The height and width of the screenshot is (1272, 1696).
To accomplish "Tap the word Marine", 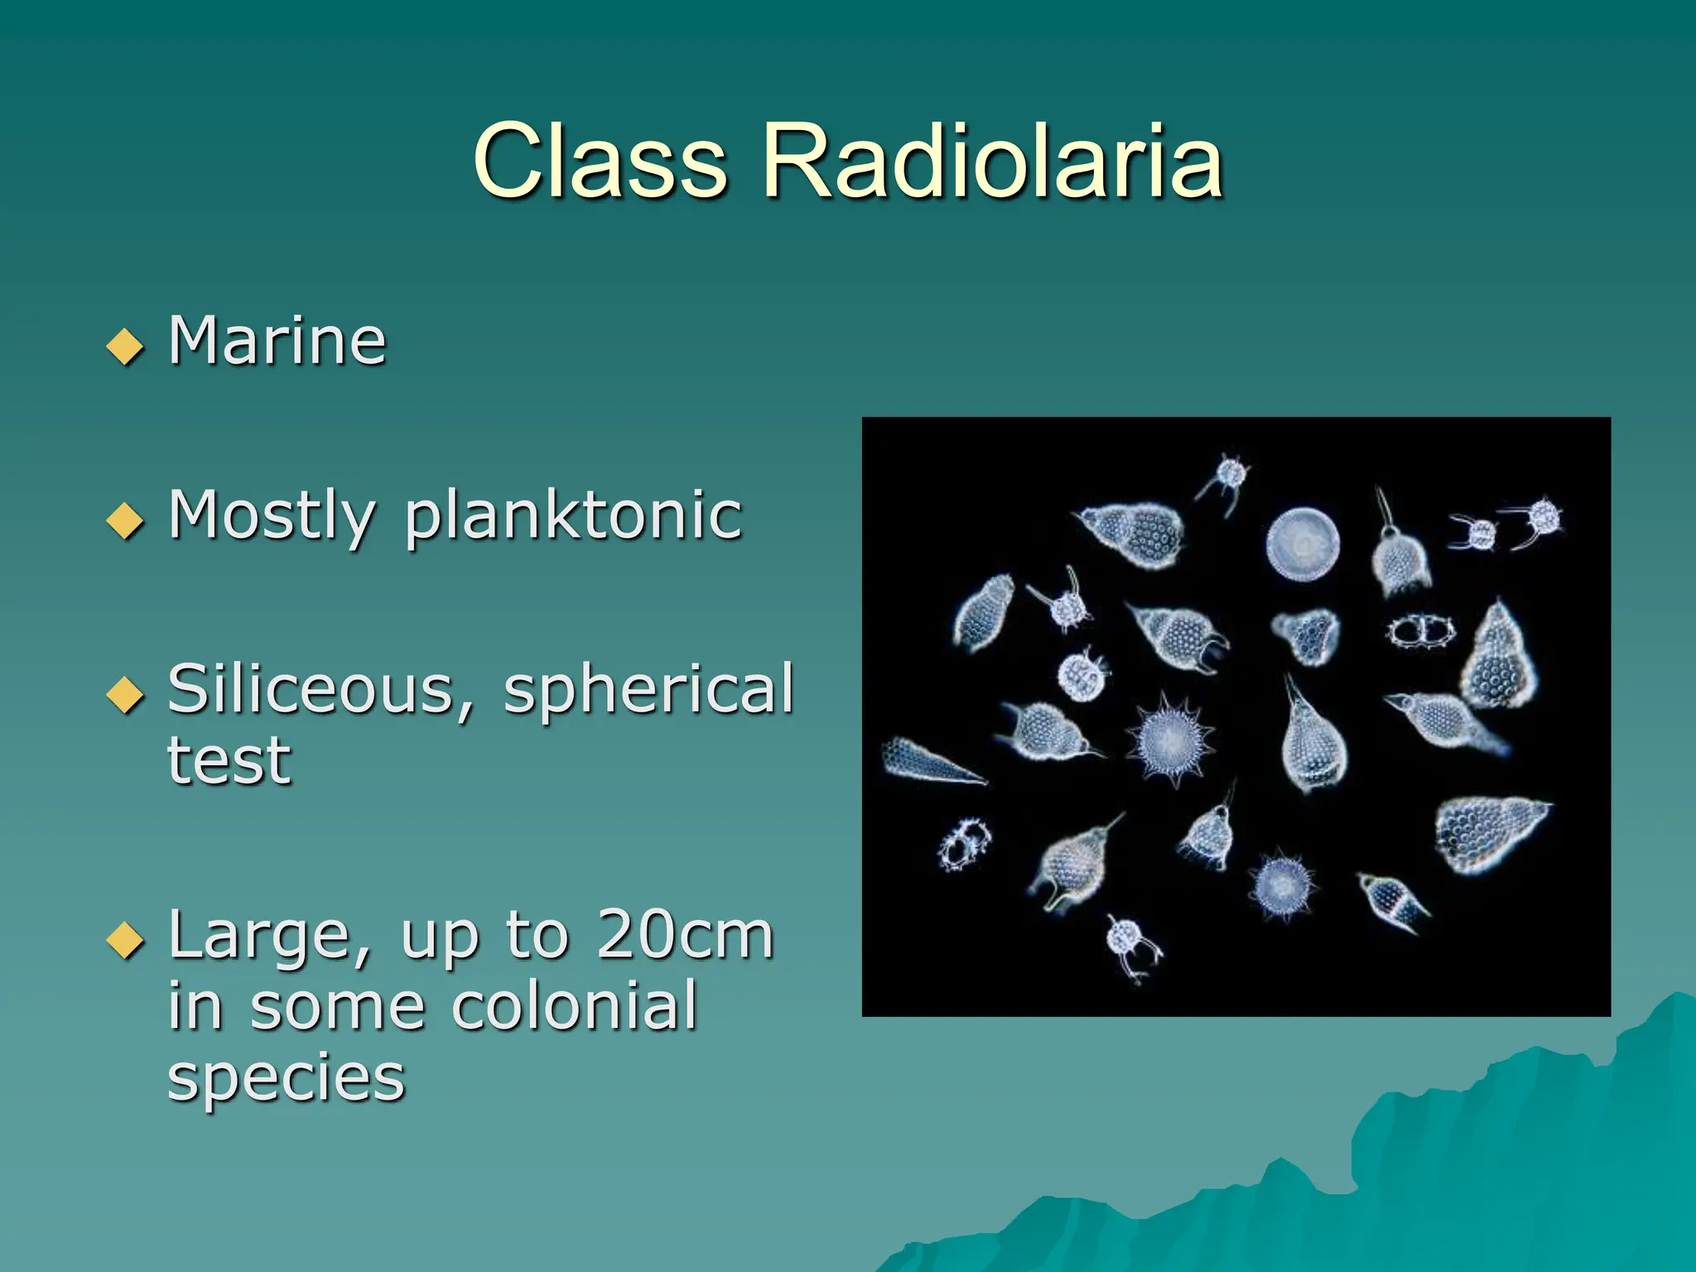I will click(x=277, y=340).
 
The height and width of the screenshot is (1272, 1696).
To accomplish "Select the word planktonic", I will click(x=573, y=517).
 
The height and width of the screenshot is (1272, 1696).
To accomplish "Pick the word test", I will click(x=229, y=759).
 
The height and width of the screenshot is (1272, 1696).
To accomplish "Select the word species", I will click(x=286, y=1078).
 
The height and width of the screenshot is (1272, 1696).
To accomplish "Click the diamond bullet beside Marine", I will click(x=125, y=346).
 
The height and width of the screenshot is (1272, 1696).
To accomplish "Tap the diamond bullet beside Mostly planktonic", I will click(x=125, y=521).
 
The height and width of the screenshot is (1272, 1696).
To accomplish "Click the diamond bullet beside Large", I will click(x=125, y=941).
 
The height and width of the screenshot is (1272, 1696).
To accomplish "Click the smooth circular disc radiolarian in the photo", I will click(x=1303, y=544).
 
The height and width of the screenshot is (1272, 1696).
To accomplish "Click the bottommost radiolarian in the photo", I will click(x=1131, y=946).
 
